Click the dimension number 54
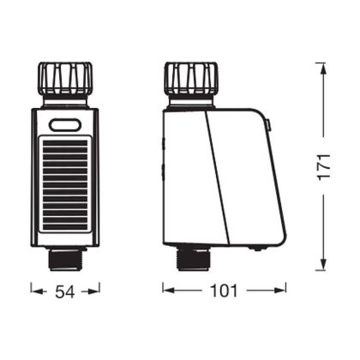point(64,291)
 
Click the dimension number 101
point(224,291)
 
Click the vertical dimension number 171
point(324,167)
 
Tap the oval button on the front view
point(65,125)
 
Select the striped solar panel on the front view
point(65,184)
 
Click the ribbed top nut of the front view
point(65,78)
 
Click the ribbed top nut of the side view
point(191,78)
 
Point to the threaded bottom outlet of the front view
point(65,259)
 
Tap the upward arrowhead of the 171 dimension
point(323,68)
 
